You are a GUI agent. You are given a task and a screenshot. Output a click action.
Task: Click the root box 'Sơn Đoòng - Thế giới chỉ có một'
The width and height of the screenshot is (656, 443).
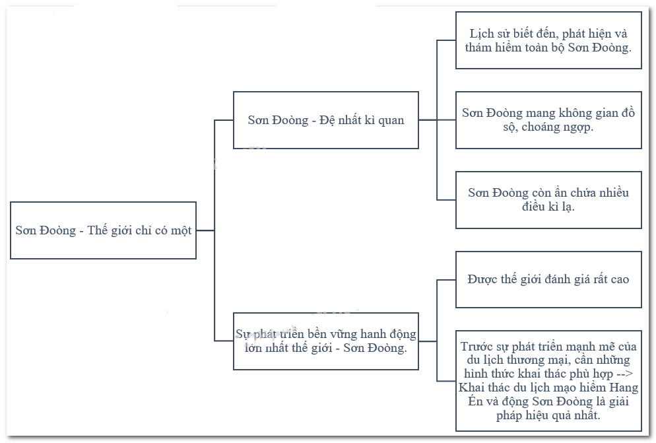(x=103, y=230)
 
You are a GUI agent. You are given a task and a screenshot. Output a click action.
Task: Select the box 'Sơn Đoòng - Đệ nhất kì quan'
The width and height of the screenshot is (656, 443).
(x=326, y=120)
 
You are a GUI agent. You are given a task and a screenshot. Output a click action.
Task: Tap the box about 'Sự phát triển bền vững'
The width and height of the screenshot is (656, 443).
(x=326, y=341)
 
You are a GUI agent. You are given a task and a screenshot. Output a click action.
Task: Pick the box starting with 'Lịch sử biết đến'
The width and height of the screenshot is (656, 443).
(x=548, y=40)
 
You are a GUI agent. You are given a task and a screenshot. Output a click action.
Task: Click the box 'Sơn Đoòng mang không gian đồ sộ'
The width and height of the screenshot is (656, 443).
(x=548, y=120)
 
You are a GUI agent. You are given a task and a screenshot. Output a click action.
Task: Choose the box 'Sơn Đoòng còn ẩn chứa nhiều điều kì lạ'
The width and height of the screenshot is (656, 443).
(x=548, y=200)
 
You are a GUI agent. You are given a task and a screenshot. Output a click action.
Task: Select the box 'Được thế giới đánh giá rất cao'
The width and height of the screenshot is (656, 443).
(x=548, y=280)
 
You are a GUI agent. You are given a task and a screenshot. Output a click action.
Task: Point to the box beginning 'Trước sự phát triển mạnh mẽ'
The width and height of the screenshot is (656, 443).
(x=548, y=381)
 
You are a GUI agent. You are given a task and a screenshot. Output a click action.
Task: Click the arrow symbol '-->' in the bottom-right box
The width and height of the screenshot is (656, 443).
(x=625, y=374)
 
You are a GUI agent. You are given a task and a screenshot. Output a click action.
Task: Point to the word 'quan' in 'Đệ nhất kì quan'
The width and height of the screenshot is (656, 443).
(x=391, y=121)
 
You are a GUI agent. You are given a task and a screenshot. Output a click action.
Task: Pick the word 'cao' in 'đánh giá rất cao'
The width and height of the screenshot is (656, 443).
(x=620, y=280)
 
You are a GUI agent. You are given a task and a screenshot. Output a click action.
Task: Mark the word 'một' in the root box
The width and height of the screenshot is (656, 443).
(x=181, y=230)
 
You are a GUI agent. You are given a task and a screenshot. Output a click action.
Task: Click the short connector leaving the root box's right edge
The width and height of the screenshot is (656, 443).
(x=205, y=230)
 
